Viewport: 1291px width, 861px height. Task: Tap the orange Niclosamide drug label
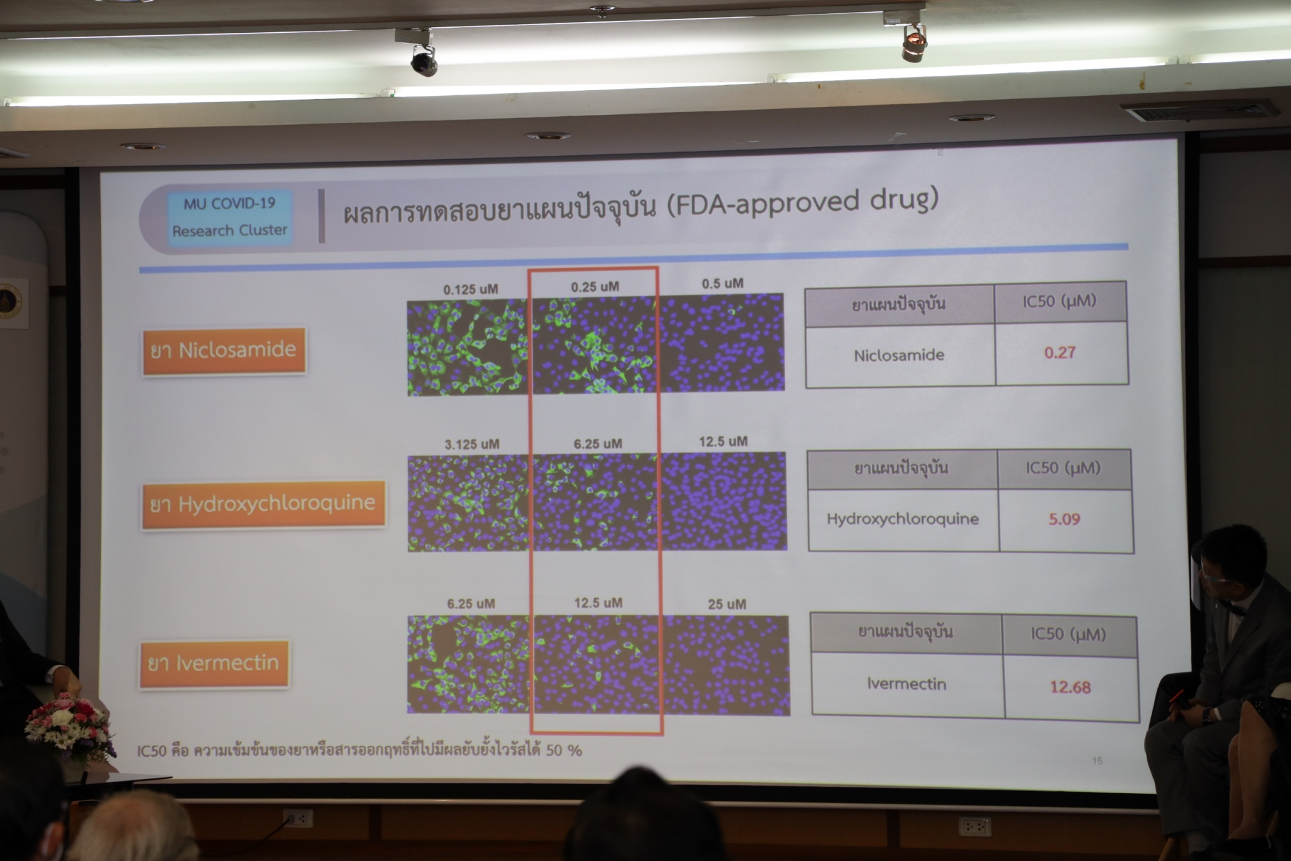pos(224,351)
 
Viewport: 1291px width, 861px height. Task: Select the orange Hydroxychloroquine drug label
pos(263,504)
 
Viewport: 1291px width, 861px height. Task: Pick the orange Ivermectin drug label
pos(214,664)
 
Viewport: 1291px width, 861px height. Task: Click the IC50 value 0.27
pos(1060,353)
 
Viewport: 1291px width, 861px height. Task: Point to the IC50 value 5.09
pos(1064,519)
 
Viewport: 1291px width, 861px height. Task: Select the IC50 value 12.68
pos(1070,686)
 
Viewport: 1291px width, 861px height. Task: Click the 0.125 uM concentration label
pos(470,290)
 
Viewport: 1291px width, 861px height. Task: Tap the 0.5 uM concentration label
pos(722,284)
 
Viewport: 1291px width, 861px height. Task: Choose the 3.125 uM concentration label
pos(472,444)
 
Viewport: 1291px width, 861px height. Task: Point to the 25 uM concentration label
pos(727,604)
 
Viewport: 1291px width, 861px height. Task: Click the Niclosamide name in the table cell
pos(899,355)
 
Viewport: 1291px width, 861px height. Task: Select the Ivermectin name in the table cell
pos(906,684)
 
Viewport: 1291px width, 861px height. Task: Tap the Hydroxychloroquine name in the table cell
pos(903,519)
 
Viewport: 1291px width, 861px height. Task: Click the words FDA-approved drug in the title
pos(803,203)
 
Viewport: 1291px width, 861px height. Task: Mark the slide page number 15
pos(1097,761)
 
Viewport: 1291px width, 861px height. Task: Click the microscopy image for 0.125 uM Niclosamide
pos(467,348)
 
